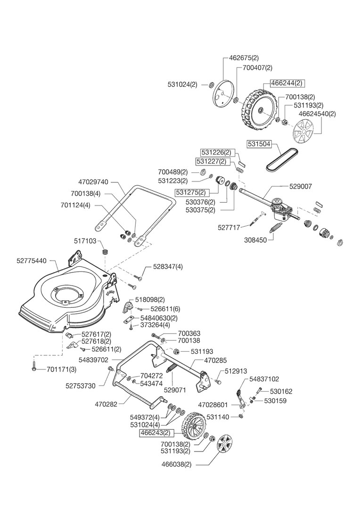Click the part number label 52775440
32,260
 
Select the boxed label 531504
258,144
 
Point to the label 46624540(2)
318,114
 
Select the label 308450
255,240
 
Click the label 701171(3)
62,369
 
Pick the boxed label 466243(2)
154,432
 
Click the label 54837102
264,378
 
